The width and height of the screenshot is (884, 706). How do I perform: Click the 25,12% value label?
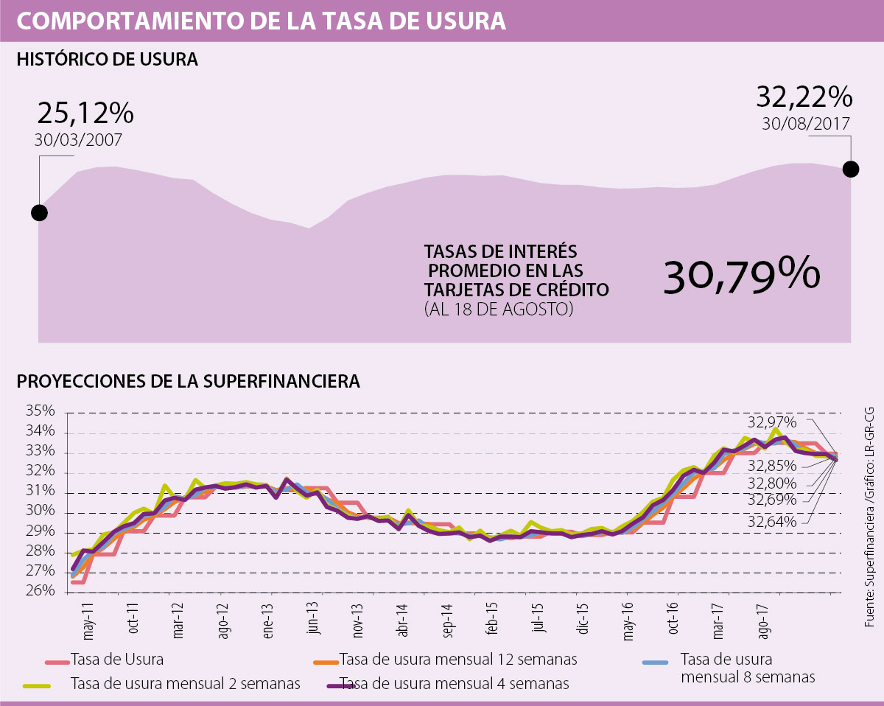(x=85, y=113)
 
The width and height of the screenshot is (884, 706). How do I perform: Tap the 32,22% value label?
(x=804, y=97)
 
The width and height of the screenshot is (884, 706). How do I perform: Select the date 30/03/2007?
(x=78, y=140)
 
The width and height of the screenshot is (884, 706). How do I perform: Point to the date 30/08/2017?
(x=807, y=123)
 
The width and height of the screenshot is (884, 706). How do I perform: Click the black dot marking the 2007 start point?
(x=40, y=213)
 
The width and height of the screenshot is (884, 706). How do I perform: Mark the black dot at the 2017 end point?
(x=850, y=169)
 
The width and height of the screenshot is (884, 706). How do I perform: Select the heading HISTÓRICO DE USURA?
(x=107, y=60)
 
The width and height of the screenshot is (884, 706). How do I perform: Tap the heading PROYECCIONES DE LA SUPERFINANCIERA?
(x=188, y=382)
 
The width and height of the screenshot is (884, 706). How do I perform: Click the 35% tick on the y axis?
(x=41, y=411)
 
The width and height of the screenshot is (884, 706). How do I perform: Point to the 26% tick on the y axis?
(x=41, y=591)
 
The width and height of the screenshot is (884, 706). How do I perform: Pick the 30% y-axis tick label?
(x=41, y=511)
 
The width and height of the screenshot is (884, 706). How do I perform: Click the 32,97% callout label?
(x=772, y=422)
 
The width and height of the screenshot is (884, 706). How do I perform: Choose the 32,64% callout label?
(x=772, y=522)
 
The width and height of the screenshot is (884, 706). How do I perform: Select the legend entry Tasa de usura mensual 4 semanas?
(x=454, y=684)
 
